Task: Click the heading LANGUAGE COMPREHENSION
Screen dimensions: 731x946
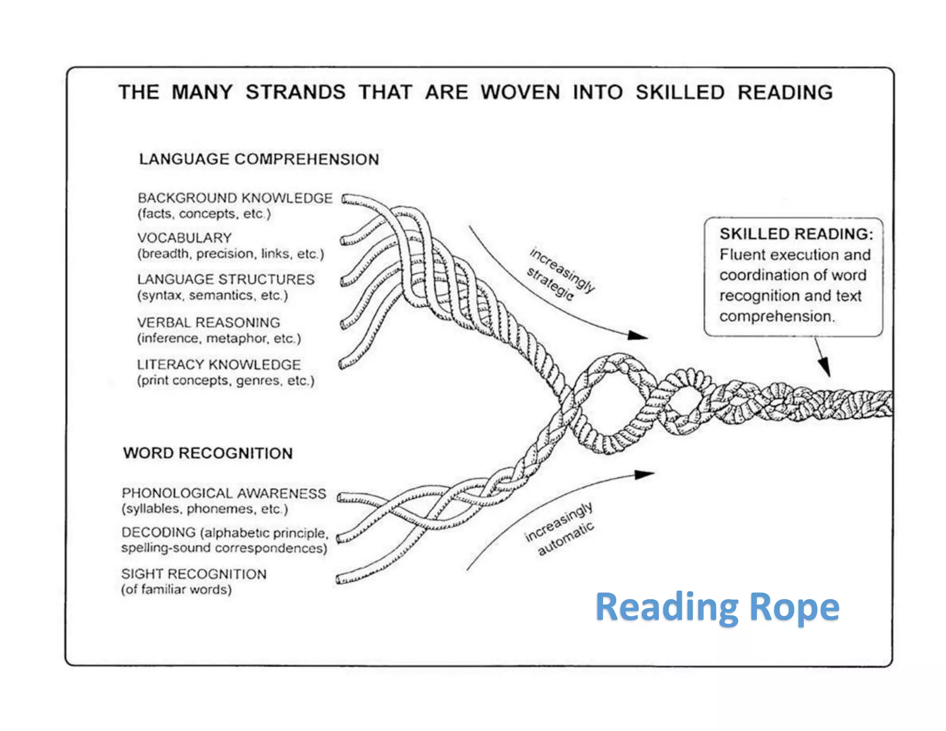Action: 259,159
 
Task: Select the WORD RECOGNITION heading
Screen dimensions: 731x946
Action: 208,453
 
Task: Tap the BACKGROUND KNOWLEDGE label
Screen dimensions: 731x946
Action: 235,198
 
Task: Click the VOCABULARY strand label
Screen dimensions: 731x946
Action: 184,238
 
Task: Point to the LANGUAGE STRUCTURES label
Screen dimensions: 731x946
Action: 225,279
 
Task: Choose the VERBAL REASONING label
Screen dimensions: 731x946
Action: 208,322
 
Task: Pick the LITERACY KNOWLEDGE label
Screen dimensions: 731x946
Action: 218,364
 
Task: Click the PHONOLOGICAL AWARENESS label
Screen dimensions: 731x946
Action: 224,493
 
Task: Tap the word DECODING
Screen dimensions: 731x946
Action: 158,532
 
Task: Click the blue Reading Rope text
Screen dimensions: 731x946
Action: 717,607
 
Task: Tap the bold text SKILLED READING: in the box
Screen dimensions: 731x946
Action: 796,234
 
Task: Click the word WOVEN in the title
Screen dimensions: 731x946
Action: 520,92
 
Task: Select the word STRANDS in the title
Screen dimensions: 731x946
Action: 295,92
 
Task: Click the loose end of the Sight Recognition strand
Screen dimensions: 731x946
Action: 340,579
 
